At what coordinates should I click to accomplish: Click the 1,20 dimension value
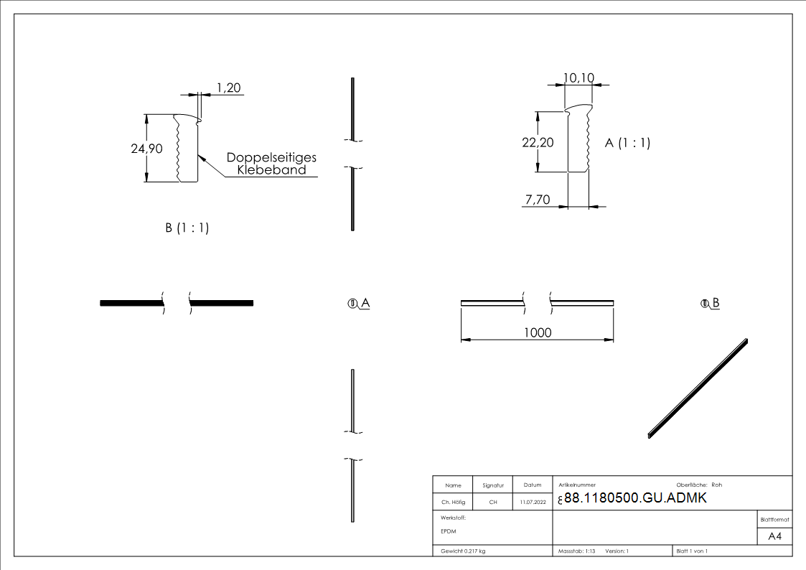tap(229, 88)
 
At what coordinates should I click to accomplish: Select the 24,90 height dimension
tap(146, 149)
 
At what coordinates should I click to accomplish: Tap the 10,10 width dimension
tap(578, 78)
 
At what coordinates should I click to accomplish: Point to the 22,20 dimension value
tap(538, 142)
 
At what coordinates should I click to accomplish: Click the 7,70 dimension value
tap(538, 200)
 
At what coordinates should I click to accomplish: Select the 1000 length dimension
tap(538, 332)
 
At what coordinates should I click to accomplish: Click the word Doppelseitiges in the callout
tap(271, 158)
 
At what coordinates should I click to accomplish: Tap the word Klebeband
tap(271, 170)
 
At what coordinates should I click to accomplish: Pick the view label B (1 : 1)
tap(187, 228)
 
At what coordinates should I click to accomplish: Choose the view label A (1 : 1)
tap(627, 143)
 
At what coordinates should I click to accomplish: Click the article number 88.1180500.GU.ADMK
tap(635, 498)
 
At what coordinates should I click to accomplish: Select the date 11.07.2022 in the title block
tap(533, 502)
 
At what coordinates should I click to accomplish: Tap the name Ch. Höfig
tap(453, 502)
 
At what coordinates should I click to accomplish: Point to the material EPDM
tap(449, 531)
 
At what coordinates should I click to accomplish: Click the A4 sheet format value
tap(774, 536)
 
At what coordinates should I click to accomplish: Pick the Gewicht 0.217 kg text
tap(463, 551)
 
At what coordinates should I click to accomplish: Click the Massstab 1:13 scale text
tap(577, 551)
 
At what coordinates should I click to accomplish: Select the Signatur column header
tap(493, 485)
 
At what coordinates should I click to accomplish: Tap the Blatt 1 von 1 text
tap(692, 551)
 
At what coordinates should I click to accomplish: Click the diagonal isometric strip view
tap(698, 388)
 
